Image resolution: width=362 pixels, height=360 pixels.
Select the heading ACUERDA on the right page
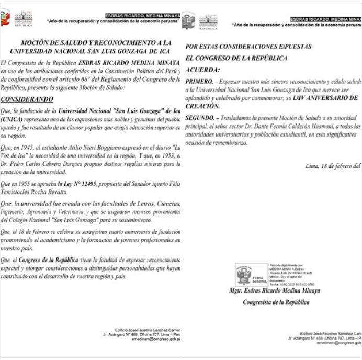203,69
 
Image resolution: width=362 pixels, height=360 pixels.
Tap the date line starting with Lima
333,166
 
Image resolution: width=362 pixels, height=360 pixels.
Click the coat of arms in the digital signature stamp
244,273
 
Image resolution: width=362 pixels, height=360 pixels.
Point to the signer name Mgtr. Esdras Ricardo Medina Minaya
275,290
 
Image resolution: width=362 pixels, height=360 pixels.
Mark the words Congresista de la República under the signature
276,302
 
